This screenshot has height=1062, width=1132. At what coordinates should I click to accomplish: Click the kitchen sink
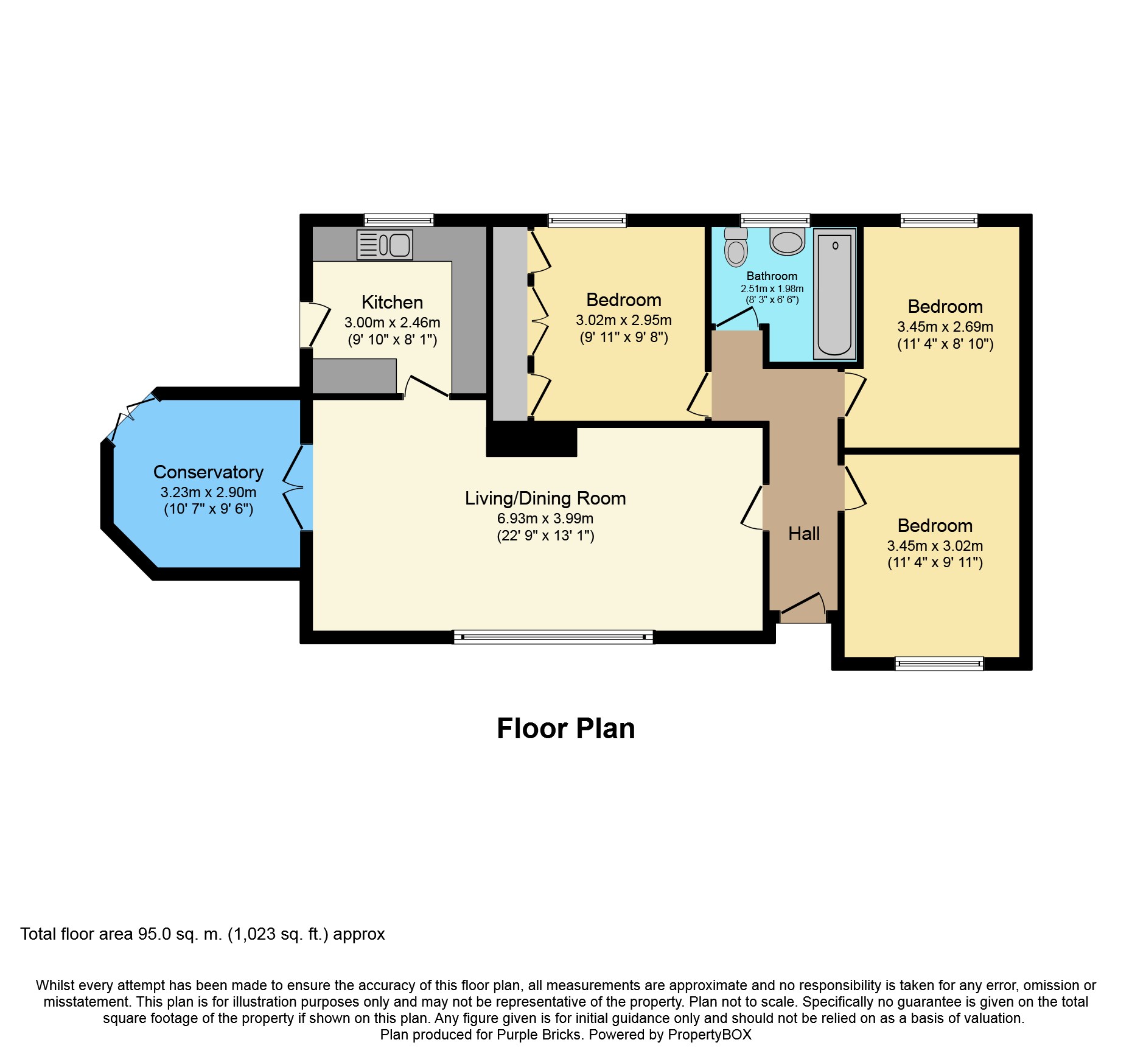pos(385,245)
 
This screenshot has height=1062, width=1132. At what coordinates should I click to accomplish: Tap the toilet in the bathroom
pos(736,247)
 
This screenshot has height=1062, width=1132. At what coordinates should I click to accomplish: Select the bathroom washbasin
pos(788,241)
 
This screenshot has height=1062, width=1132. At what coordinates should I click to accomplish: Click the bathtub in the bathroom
pos(834,294)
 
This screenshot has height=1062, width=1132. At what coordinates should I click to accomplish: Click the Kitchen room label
pos(392,302)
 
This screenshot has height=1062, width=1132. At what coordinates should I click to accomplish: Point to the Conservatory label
pos(208,472)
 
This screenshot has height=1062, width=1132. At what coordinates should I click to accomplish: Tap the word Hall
pos(804,534)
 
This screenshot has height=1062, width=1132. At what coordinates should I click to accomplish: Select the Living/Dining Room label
pos(545,498)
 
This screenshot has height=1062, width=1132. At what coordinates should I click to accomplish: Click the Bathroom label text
pos(772,276)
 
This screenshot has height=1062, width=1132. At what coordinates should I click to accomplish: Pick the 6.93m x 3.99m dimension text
pos(545,519)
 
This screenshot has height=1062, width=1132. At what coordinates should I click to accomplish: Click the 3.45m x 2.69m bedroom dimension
pos(945,327)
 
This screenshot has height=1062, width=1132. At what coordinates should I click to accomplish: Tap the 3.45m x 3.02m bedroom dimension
pos(935,546)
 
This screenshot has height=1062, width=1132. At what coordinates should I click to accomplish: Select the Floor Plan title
pos(566,728)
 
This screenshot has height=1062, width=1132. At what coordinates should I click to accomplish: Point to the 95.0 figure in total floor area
pos(155,934)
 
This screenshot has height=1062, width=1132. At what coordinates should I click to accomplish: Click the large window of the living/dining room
pos(553,637)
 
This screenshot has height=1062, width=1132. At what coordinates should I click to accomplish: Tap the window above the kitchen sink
pos(399,220)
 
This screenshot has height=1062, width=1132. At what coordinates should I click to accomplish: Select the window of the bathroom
pos(775,220)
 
